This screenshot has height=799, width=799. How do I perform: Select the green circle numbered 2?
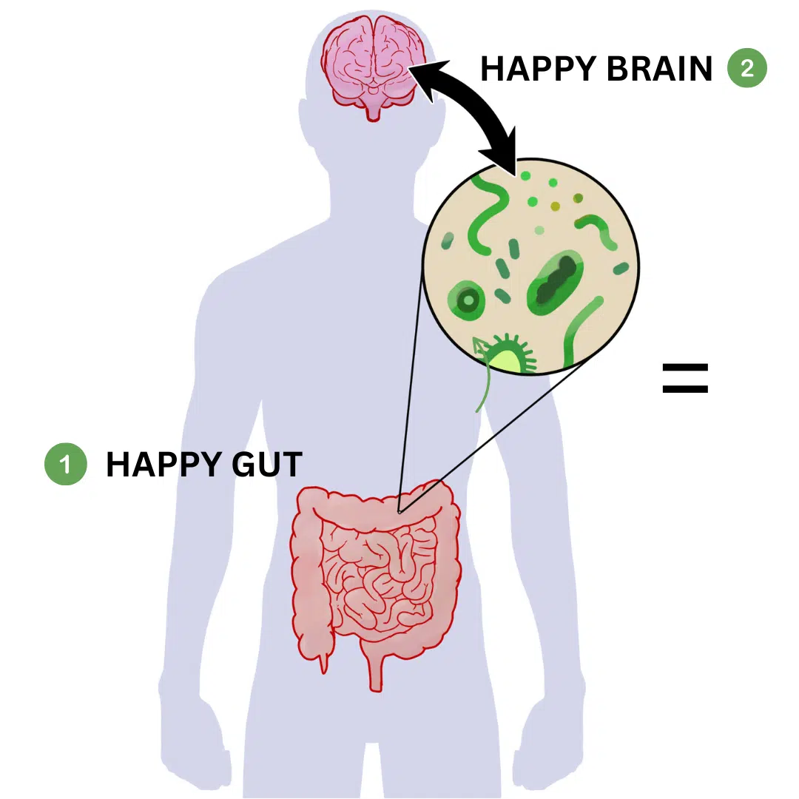747,68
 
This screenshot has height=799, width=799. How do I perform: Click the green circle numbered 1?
66,464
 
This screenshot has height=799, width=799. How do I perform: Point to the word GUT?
267,464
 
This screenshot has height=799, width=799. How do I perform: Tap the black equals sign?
685,378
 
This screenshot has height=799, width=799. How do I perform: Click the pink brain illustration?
374,67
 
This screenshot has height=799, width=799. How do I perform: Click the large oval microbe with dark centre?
555,283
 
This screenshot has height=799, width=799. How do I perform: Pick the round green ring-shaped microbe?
466,300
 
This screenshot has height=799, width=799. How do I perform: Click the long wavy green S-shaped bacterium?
488,214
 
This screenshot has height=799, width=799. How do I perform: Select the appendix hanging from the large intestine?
323,661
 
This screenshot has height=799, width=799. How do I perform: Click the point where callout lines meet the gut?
399,512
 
